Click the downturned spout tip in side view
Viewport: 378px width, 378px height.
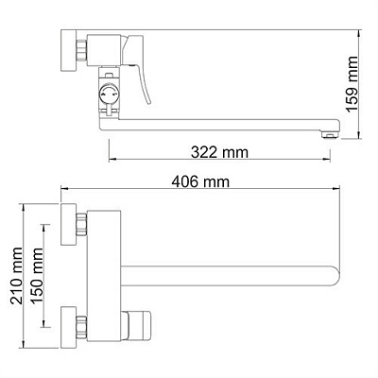(x=328, y=133)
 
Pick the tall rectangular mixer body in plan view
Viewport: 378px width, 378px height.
(x=105, y=275)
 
